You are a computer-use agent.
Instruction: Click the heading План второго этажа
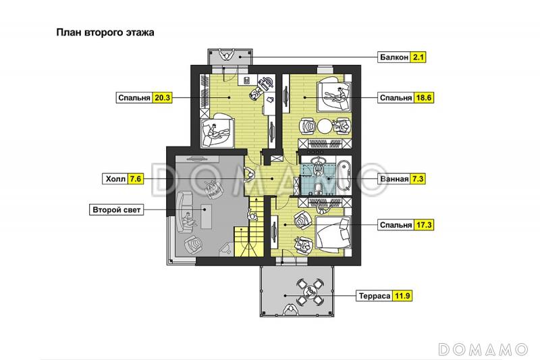pyautogui.click(x=105, y=32)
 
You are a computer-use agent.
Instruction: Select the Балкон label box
pyautogui.click(x=394, y=57)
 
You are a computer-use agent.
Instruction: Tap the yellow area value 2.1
pyautogui.click(x=418, y=57)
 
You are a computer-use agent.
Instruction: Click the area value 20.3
pyautogui.click(x=162, y=98)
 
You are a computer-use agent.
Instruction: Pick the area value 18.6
pyautogui.click(x=424, y=98)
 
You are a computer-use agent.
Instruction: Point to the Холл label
pyautogui.click(x=115, y=179)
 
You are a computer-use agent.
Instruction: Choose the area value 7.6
pyautogui.click(x=136, y=179)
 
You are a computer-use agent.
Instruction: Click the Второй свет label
pyautogui.click(x=116, y=210)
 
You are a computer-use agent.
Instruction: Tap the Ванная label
pyautogui.click(x=394, y=179)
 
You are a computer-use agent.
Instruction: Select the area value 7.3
pyautogui.click(x=418, y=179)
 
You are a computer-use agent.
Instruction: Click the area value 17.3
pyautogui.click(x=424, y=225)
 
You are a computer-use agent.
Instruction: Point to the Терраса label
pyautogui.click(x=375, y=296)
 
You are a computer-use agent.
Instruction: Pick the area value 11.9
pyautogui.click(x=402, y=296)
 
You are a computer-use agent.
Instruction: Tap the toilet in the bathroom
pyautogui.click(x=319, y=188)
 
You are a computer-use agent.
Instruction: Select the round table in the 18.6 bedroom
pyautogui.click(x=325, y=126)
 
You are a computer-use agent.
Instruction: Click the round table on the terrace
pyautogui.click(x=309, y=292)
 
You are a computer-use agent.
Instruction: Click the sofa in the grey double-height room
pyautogui.click(x=183, y=213)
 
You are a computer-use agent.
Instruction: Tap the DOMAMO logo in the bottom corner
pyautogui.click(x=483, y=349)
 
